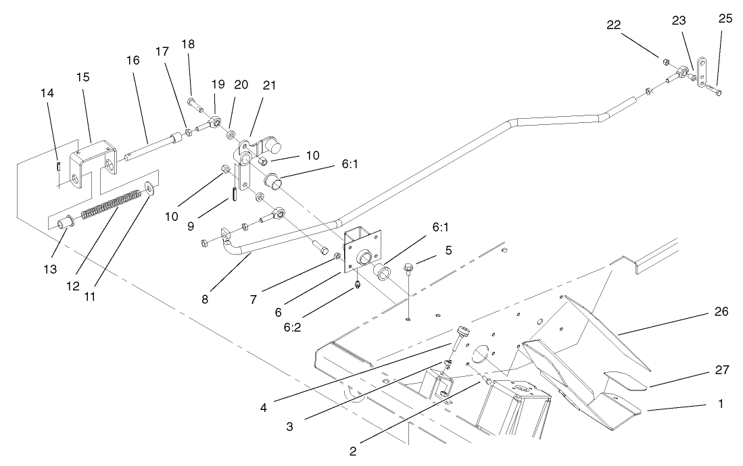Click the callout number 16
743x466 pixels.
133,60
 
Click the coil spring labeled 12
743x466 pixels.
112,205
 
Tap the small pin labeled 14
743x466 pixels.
59,164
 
